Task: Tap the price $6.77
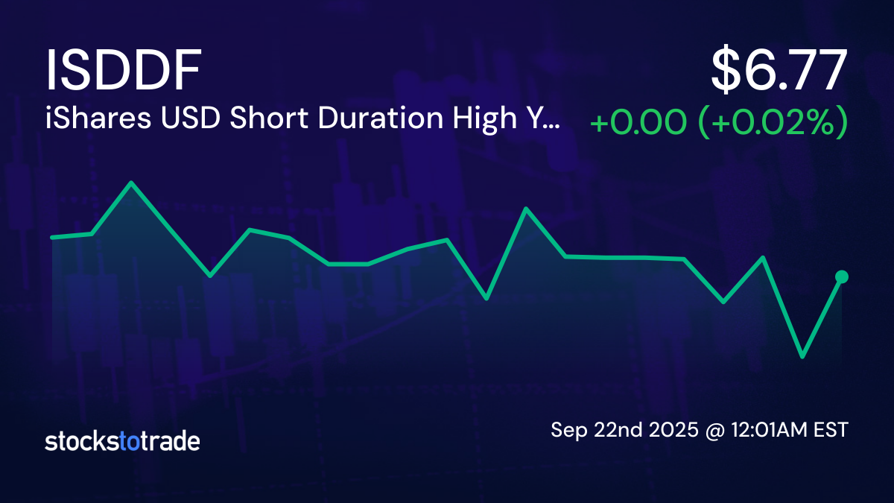[779, 72]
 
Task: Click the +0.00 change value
[637, 123]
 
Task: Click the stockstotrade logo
[122, 441]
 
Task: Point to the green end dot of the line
[842, 277]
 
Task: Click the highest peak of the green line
[131, 183]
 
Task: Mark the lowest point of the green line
[802, 357]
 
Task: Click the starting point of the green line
[51, 238]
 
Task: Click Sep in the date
[566, 430]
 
